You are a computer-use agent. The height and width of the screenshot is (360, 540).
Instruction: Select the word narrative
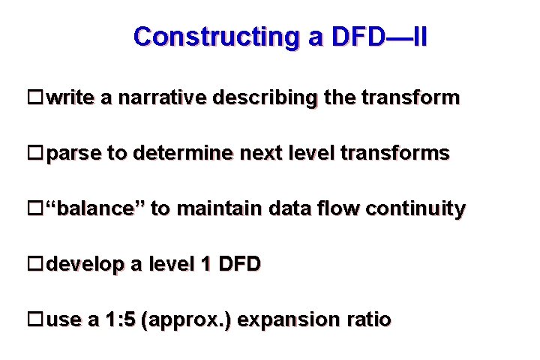[164, 98]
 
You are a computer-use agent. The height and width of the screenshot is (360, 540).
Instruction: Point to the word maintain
[220, 208]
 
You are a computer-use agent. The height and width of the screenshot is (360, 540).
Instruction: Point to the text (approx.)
[191, 320]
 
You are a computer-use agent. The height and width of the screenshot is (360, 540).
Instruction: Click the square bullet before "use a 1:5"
[34, 319]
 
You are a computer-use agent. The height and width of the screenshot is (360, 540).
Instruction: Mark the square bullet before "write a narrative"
[34, 97]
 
